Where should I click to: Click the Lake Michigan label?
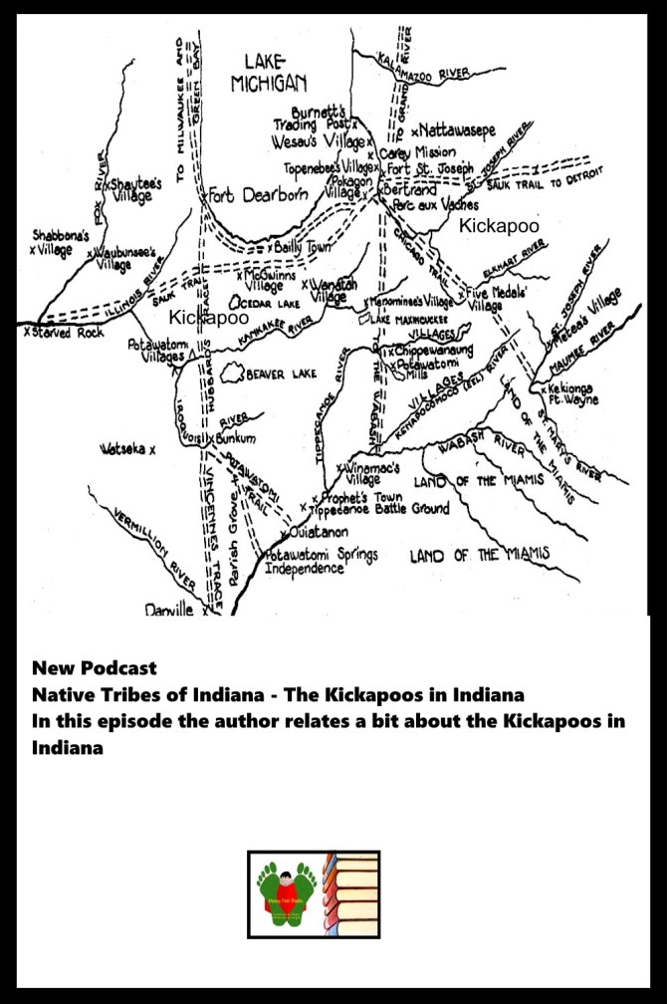269,73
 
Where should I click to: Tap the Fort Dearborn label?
257,195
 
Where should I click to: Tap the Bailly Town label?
303,246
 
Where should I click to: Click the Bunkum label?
233,436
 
